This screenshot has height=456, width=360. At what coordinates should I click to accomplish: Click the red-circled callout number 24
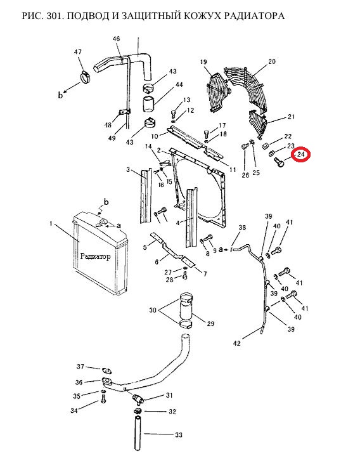coord(300,154)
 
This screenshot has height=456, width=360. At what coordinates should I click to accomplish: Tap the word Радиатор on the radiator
coord(95,256)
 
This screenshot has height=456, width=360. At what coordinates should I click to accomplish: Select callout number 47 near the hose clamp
coord(78,52)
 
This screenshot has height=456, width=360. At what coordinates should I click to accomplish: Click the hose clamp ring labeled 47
coord(86,77)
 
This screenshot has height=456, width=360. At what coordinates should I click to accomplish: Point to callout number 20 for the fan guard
coord(272,62)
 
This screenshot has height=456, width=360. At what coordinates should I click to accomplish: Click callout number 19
coord(203,62)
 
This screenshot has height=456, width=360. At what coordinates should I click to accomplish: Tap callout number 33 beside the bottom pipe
coord(178,435)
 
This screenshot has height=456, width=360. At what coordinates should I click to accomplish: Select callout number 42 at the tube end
coord(237,343)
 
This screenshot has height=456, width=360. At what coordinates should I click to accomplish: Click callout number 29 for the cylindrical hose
coord(210,323)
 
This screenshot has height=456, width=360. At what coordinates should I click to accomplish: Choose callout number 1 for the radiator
coord(51,224)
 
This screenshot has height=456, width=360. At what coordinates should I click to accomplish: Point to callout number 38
coord(242,228)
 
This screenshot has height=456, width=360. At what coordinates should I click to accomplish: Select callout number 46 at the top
coord(116,39)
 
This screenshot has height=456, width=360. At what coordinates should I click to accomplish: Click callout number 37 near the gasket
coord(80,367)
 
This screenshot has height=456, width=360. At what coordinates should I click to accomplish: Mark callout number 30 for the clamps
coord(153,310)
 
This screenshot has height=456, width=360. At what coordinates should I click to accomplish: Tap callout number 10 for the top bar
coord(155,136)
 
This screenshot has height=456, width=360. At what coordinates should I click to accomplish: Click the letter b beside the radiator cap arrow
coord(106,202)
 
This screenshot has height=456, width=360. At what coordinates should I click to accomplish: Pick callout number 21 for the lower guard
coord(291,116)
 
